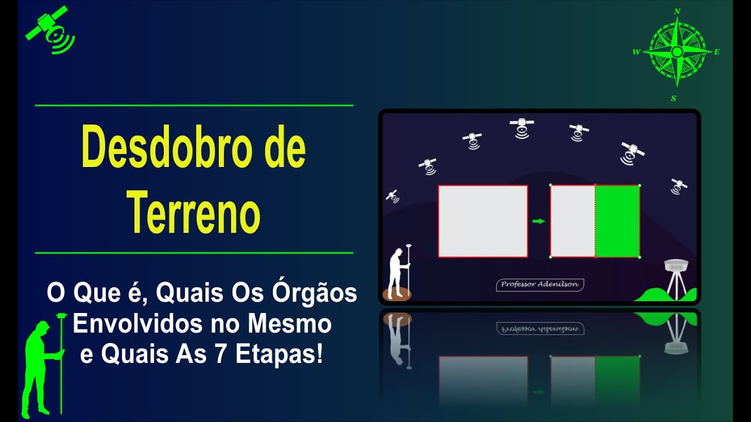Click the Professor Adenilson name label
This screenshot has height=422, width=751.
(x=540, y=285)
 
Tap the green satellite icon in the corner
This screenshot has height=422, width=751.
(x=50, y=30)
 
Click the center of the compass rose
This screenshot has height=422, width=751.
(x=676, y=52)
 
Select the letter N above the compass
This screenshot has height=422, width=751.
(x=677, y=11)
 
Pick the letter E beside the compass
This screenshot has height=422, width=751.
(x=717, y=52)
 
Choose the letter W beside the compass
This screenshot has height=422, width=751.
(x=636, y=52)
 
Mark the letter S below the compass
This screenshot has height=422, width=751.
(x=674, y=98)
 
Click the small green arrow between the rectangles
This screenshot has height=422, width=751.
(x=538, y=222)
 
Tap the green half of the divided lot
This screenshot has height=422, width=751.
(x=617, y=221)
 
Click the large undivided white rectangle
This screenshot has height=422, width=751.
(x=482, y=221)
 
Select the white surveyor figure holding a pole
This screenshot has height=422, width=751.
(x=399, y=273)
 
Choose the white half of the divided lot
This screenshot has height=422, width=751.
(x=573, y=221)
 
